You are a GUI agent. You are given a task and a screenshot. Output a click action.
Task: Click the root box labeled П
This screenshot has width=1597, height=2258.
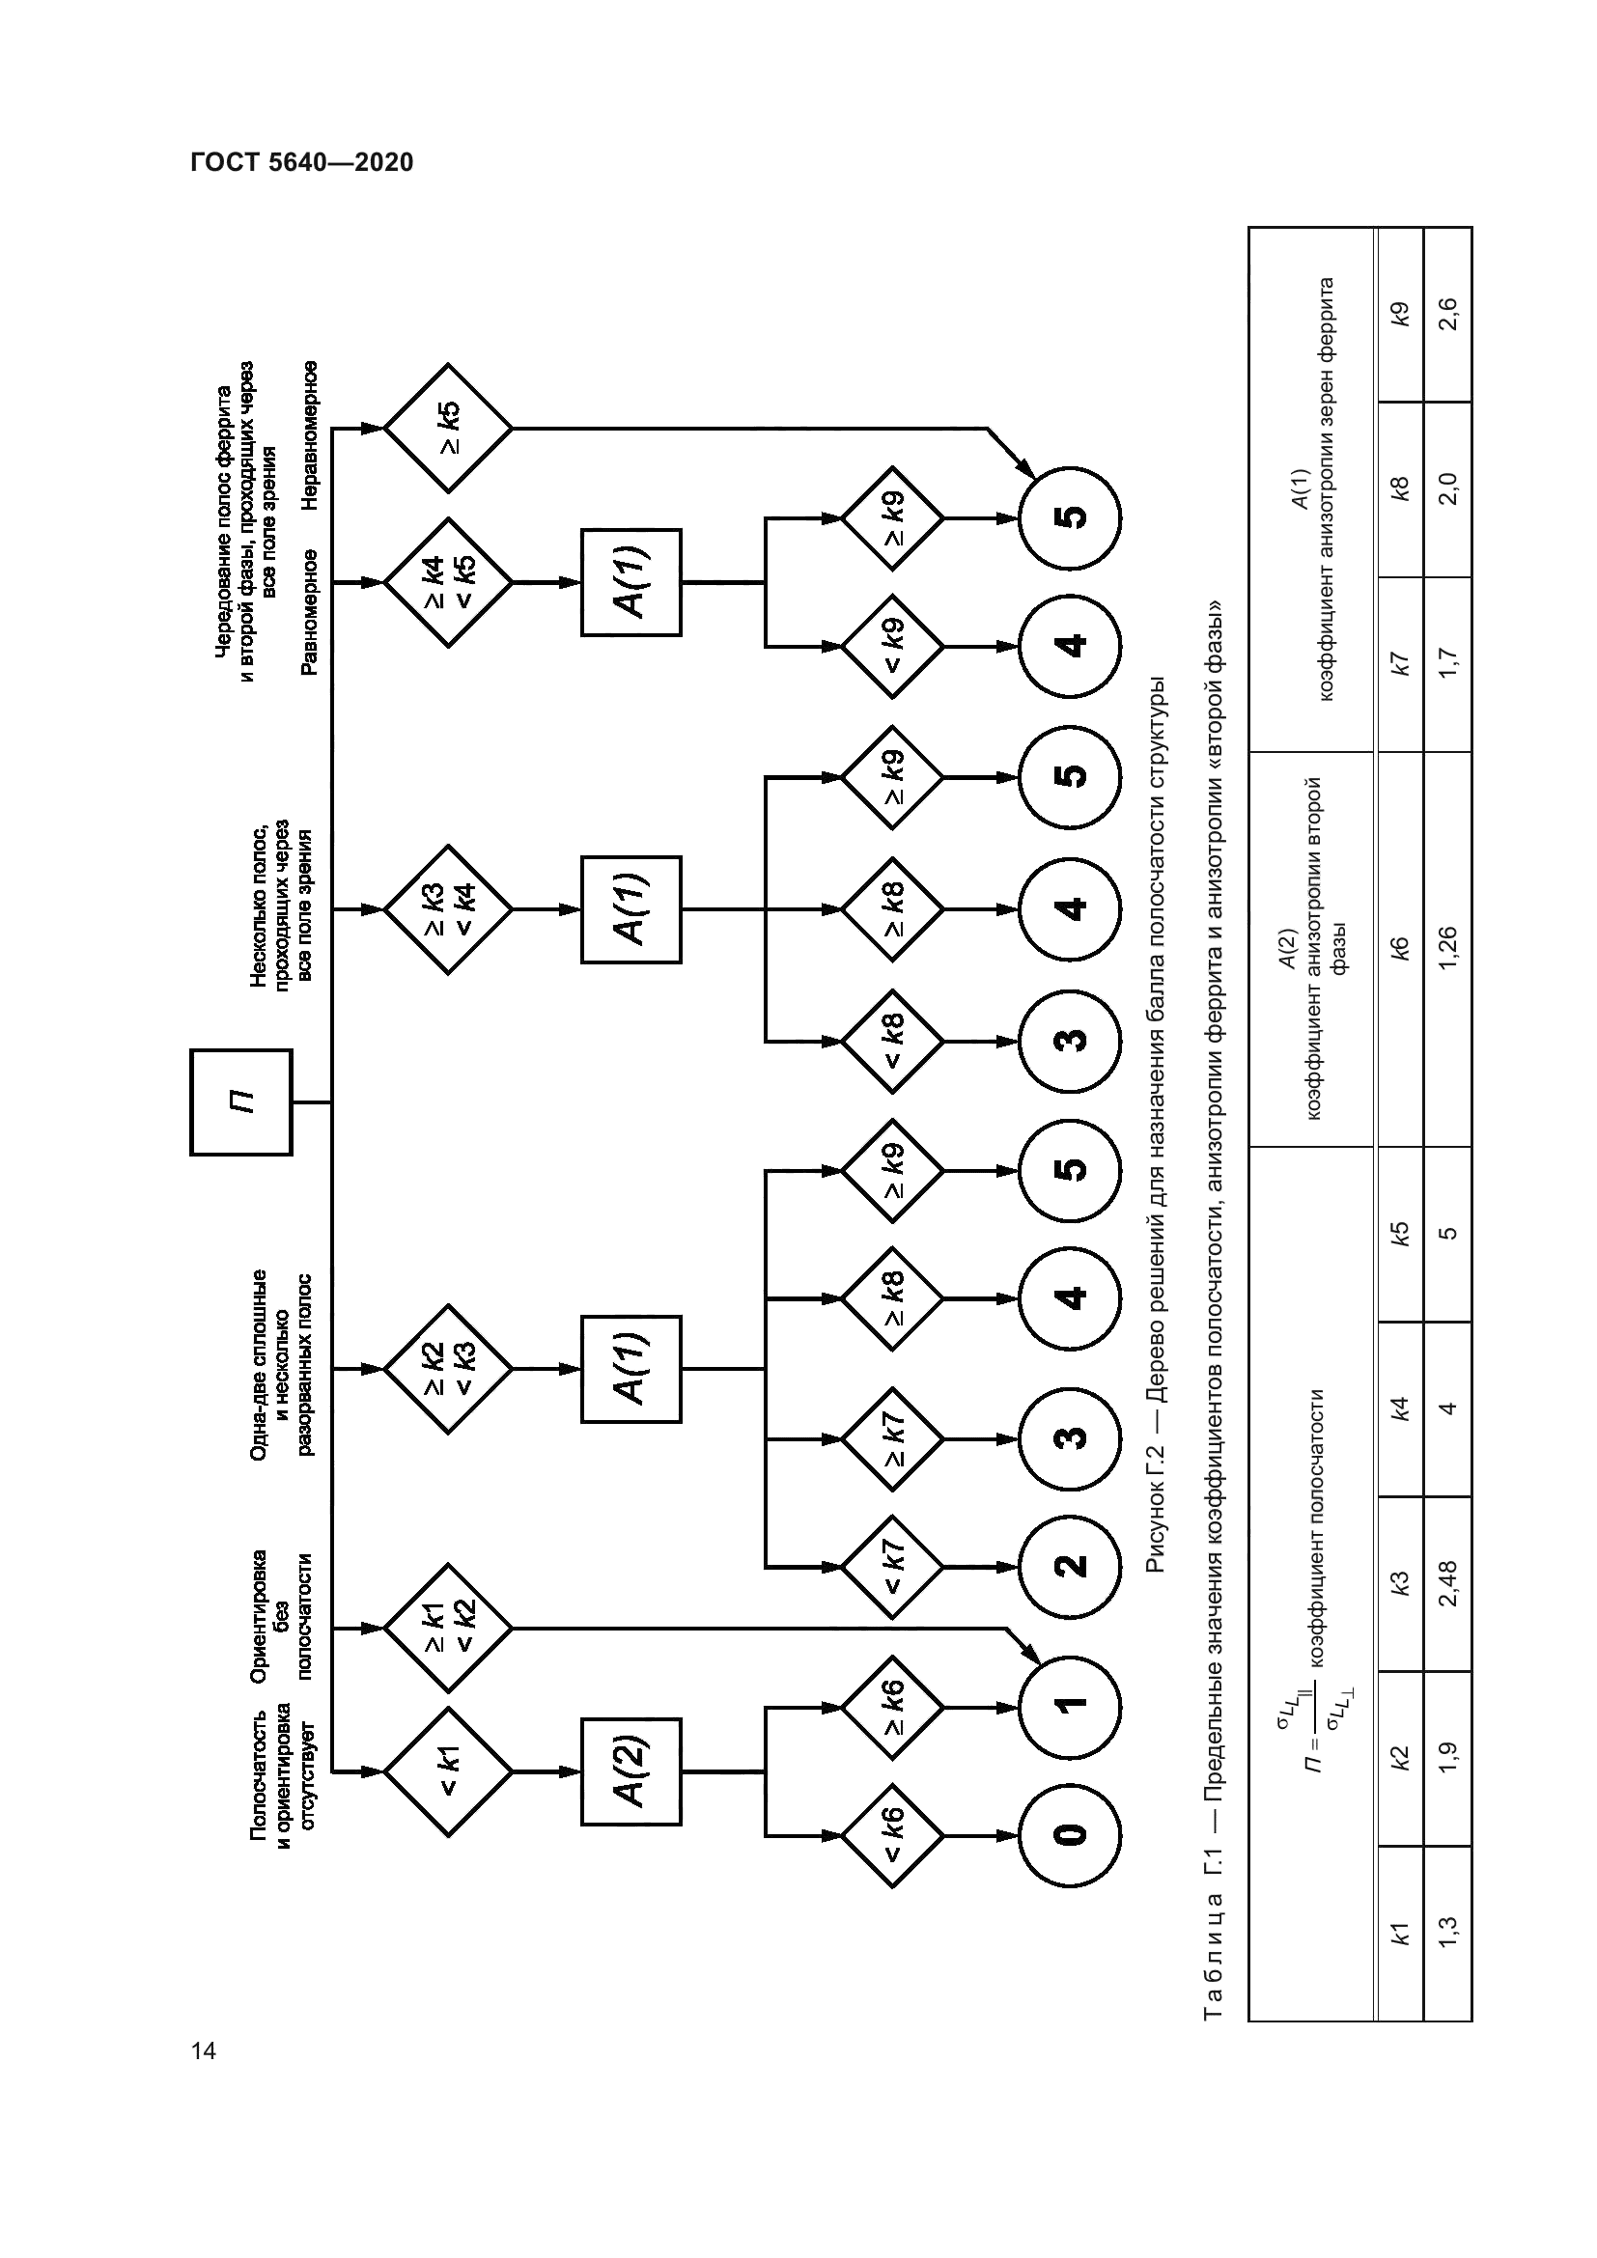(241, 1101)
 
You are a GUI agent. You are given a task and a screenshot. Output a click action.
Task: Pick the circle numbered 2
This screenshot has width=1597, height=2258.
(1069, 1564)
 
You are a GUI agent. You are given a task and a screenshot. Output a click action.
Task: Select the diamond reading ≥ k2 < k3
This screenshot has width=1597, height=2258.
(447, 1368)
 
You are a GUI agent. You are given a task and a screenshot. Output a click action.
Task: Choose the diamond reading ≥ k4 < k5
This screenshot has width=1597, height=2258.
(447, 582)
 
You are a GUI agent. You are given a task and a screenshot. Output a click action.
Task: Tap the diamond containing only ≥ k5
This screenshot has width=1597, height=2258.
(447, 428)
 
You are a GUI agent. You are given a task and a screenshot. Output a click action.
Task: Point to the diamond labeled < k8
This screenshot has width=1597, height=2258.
(892, 1040)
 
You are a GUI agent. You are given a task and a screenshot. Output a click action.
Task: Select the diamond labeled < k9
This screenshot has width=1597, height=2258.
(892, 646)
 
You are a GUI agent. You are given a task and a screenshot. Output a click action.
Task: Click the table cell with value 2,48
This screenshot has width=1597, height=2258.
(1447, 1583)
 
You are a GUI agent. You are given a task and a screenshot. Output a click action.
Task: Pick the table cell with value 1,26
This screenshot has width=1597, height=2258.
(1447, 949)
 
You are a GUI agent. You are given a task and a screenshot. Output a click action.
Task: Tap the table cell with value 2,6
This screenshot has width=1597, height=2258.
(1447, 315)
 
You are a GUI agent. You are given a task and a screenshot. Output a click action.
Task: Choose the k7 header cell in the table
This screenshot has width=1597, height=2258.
(1400, 665)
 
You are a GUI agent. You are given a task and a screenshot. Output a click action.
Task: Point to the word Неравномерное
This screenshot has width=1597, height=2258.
(310, 434)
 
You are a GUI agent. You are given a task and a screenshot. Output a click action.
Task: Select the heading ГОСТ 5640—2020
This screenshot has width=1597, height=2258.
(302, 162)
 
